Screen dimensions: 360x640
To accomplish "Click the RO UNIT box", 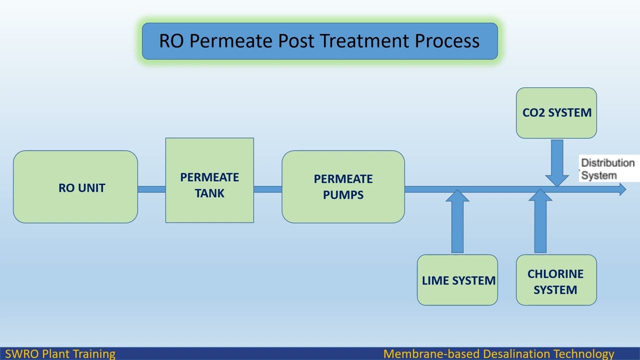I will pyautogui.click(x=75, y=187).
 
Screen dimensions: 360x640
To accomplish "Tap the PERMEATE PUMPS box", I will pyautogui.click(x=343, y=187).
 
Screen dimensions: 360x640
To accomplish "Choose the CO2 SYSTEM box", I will pyautogui.click(x=556, y=113).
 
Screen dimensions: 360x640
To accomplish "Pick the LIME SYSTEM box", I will pyautogui.click(x=457, y=280).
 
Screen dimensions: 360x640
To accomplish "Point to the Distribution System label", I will pyautogui.click(x=607, y=169).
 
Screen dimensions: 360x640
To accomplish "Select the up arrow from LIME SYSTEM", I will pyautogui.click(x=457, y=222).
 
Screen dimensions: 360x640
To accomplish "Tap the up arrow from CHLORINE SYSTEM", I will pyautogui.click(x=540, y=222).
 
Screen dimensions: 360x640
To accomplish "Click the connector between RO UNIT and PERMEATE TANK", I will pyautogui.click(x=151, y=189).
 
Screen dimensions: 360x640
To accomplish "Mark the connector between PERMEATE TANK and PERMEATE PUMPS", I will pyautogui.click(x=267, y=189).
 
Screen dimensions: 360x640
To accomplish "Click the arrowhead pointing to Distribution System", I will pyautogui.click(x=622, y=189).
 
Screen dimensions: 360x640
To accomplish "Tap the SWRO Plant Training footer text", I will pyautogui.click(x=60, y=354).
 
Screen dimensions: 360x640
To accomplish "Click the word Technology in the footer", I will pyautogui.click(x=584, y=354).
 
